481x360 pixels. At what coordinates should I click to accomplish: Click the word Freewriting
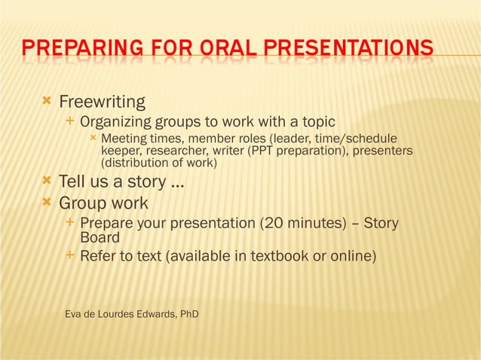click(x=102, y=102)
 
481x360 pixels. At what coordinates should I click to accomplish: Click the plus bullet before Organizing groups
click(x=70, y=121)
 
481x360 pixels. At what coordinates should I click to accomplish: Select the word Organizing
click(x=116, y=122)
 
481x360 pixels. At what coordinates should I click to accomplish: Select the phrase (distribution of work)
click(x=159, y=163)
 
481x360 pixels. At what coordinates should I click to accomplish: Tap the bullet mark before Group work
click(x=47, y=203)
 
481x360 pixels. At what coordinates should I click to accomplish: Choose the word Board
click(x=100, y=238)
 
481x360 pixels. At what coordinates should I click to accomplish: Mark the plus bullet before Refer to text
click(x=70, y=256)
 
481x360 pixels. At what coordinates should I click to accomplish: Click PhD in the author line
click(x=188, y=313)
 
